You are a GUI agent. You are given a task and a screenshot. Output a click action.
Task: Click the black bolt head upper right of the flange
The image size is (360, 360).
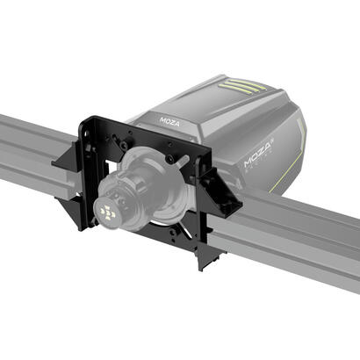pos(169,159)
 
